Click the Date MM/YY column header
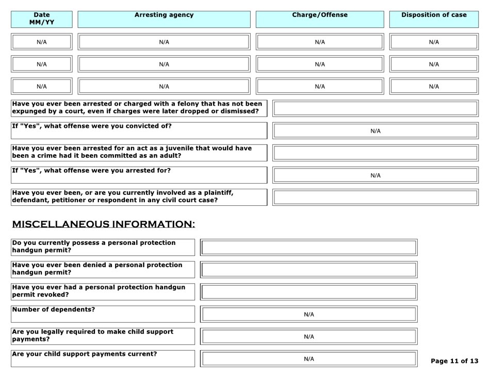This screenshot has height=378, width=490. click(42, 19)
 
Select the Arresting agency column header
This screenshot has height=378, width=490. click(164, 15)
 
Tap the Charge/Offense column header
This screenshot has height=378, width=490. click(320, 15)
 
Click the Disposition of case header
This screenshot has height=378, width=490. click(434, 15)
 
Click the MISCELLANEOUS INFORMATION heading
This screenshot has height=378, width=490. click(104, 224)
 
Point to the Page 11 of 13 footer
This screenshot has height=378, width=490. click(454, 361)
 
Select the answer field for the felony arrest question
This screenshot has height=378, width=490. click(375, 108)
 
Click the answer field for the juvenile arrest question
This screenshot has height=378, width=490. click(375, 153)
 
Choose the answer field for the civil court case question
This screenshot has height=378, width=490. click(375, 197)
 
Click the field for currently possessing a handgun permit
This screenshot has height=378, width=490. click(308, 248)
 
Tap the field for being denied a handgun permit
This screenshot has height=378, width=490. click(308, 270)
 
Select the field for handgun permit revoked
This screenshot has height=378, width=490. click(308, 292)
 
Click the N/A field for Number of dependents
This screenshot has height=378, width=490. click(308, 314)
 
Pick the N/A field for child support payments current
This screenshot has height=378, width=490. click(308, 359)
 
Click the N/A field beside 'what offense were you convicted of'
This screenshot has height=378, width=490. click(375, 131)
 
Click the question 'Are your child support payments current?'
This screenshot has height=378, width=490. click(85, 354)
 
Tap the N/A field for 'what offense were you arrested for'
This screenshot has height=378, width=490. click(375, 175)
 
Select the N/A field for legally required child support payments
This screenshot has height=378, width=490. click(308, 337)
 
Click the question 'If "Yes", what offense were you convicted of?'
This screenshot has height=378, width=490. click(92, 126)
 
